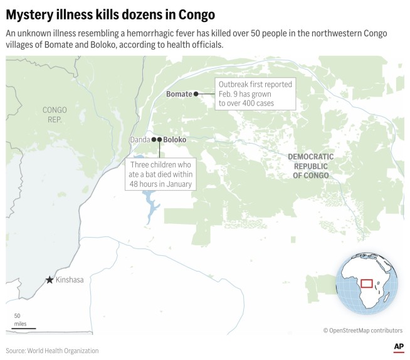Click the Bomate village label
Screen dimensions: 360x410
tap(179, 94)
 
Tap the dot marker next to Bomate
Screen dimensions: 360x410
tap(196, 94)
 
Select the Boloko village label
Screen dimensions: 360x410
tap(175, 140)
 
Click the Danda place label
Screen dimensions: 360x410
tap(140, 140)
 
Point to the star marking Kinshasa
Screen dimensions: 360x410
tap(50, 280)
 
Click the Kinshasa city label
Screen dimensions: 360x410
tap(70, 280)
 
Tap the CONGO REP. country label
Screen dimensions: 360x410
tap(55, 114)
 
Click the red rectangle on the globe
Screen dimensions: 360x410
tap(367, 283)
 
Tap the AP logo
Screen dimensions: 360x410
tap(399, 347)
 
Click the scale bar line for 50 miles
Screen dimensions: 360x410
tap(23, 328)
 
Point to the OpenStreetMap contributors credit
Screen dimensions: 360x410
tap(363, 330)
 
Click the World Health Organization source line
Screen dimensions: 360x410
tap(52, 351)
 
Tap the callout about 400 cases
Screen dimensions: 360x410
tap(255, 93)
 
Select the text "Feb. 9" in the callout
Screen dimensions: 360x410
tap(229, 93)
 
